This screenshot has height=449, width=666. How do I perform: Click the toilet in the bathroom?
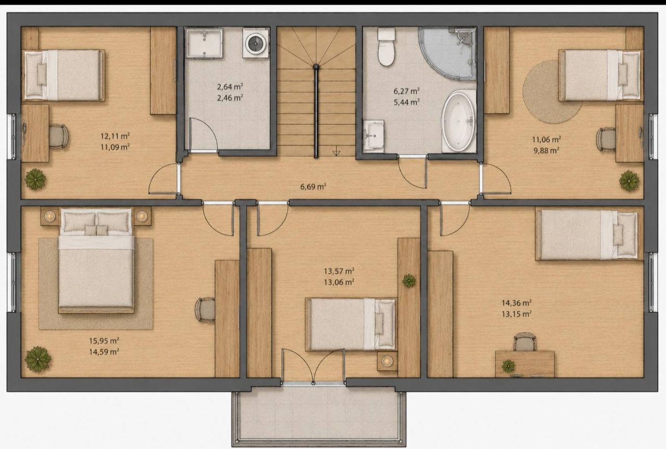[x=386, y=47]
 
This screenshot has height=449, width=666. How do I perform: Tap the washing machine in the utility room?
[x=255, y=43]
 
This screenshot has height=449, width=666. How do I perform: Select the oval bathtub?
[x=458, y=121]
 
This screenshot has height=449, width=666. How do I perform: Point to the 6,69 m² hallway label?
[x=313, y=186]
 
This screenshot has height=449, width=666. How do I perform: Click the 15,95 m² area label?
[x=104, y=341]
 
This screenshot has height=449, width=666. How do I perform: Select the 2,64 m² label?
[x=230, y=86]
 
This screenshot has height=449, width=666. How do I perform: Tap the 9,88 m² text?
[x=546, y=151]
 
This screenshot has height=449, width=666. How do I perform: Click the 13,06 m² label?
[x=339, y=282]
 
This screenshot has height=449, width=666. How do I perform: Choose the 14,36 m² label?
[x=517, y=303]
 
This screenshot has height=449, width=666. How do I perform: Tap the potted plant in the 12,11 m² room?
[x=35, y=179]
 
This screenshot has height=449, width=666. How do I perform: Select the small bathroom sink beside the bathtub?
[x=374, y=136]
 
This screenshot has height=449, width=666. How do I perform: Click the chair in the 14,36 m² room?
[x=525, y=342]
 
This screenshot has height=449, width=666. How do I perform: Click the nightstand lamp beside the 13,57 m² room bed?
[x=387, y=361]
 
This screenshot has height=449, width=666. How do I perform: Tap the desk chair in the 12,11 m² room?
[x=58, y=136]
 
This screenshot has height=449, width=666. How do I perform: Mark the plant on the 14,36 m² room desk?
[x=508, y=366]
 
